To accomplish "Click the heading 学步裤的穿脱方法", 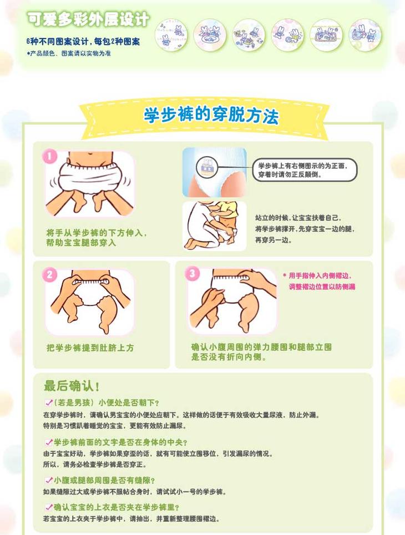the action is point(211,116).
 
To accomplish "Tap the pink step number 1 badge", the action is point(50,157).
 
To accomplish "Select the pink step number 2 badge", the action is point(50,274).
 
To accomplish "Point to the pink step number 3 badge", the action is point(192,273).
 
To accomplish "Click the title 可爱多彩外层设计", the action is point(88,19).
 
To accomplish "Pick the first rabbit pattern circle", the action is point(171,35).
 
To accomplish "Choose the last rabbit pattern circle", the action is point(365,35).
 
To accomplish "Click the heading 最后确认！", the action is point(72,386).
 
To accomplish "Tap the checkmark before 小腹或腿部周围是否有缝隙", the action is point(49,480).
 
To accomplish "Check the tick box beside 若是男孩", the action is point(49,403).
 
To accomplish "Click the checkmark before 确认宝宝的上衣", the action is point(49,507).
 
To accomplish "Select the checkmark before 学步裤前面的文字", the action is point(49,442).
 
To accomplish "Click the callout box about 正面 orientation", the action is point(305,170).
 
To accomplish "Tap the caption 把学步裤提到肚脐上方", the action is point(90,348).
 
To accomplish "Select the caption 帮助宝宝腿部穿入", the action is point(81,243).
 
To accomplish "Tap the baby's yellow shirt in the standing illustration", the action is point(227,209).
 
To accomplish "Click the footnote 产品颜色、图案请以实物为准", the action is point(69,53).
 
